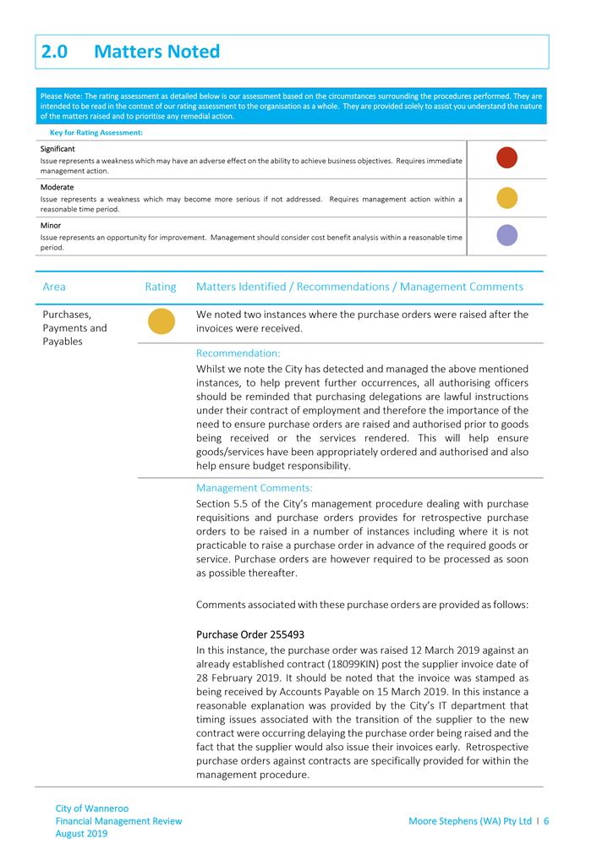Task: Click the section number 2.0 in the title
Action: [x=57, y=52]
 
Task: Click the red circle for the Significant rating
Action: [x=507, y=158]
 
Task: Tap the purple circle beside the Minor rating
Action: [x=507, y=235]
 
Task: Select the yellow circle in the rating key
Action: [x=507, y=197]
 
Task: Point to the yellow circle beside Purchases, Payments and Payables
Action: [x=162, y=321]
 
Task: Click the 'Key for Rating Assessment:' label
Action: [x=96, y=133]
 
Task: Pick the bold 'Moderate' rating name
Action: [x=57, y=187]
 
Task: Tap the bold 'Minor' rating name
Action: [x=52, y=226]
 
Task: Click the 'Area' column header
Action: [x=54, y=287]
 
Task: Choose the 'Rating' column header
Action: [x=161, y=287]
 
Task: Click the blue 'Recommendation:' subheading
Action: [x=238, y=354]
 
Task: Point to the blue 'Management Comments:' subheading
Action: [x=254, y=488]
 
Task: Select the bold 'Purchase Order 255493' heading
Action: [x=249, y=634]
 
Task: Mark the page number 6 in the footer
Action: [x=547, y=821]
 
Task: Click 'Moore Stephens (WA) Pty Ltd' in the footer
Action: [x=469, y=821]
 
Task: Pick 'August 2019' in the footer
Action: [x=81, y=833]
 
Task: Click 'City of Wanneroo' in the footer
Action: [x=91, y=809]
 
